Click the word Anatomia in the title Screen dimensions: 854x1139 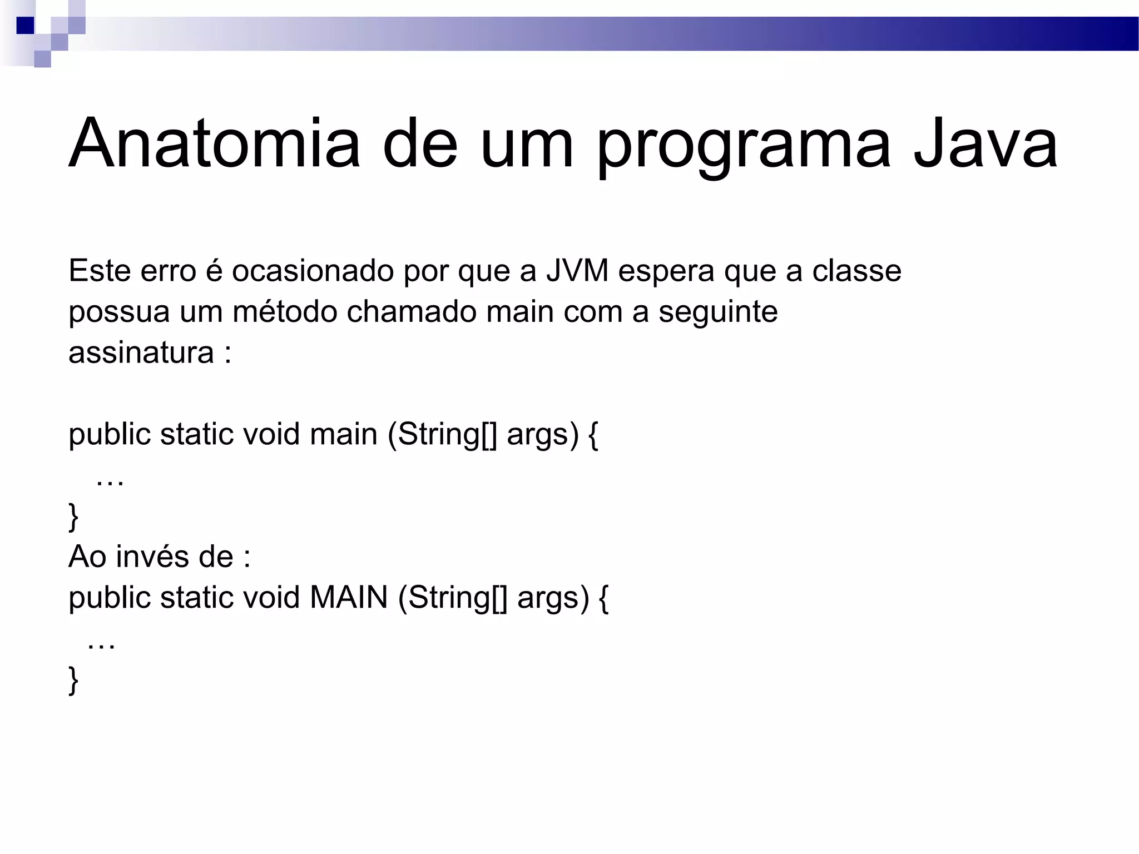[215, 143]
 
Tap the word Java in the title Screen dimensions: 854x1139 [985, 143]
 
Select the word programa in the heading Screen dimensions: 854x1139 [744, 146]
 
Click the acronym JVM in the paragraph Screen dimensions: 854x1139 [577, 271]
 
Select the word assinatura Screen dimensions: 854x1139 [141, 352]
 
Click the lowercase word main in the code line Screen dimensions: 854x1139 [343, 434]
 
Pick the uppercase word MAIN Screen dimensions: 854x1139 [349, 598]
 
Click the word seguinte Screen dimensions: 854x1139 [718, 312]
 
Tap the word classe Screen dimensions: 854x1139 [856, 271]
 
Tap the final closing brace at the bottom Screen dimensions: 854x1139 [73, 680]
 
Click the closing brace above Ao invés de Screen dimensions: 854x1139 [73, 517]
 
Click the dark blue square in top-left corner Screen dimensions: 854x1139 [25, 26]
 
